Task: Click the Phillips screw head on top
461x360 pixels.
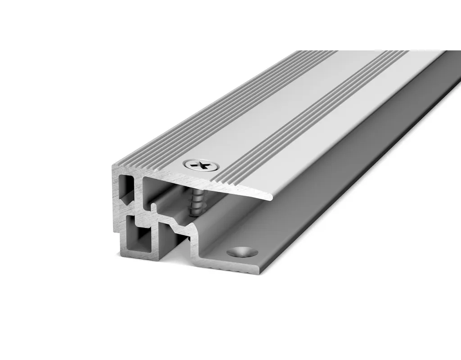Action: point(199,166)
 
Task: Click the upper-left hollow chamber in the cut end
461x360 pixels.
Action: point(127,189)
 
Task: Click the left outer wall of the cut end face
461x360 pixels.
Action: point(116,211)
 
